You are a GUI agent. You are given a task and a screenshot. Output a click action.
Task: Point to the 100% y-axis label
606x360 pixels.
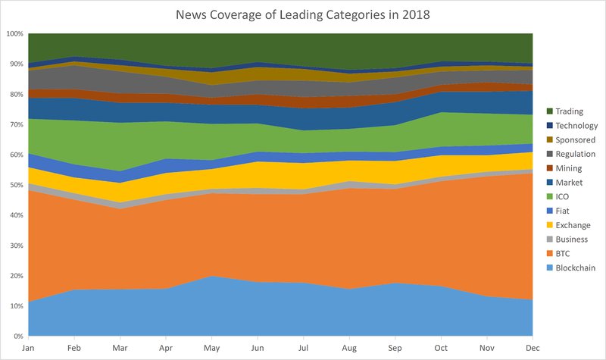pyautogui.click(x=14, y=34)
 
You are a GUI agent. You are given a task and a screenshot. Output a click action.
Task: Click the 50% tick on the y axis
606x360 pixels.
pyautogui.click(x=16, y=185)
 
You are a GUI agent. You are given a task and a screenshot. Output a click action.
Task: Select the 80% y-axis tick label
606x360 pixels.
pyautogui.click(x=16, y=95)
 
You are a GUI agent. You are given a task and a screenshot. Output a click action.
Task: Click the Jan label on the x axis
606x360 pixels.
pyautogui.click(x=28, y=347)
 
